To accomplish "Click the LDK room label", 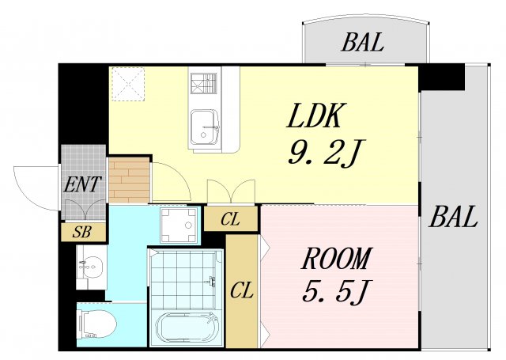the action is [314, 116].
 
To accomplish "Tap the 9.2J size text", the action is [327, 153].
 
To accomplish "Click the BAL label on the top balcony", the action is [363, 42].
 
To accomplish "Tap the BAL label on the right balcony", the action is [453, 217].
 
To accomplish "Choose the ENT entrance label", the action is [82, 184].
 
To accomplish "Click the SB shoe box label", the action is [82, 232].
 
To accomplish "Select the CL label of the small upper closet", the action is [230, 219].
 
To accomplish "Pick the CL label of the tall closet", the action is [241, 290].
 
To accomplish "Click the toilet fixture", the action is [96, 324].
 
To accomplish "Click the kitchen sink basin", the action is [205, 127].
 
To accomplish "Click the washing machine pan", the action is [179, 225].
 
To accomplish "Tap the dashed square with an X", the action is [128, 84].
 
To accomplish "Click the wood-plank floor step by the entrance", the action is [129, 180].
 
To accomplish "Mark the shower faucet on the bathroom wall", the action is [212, 281].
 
